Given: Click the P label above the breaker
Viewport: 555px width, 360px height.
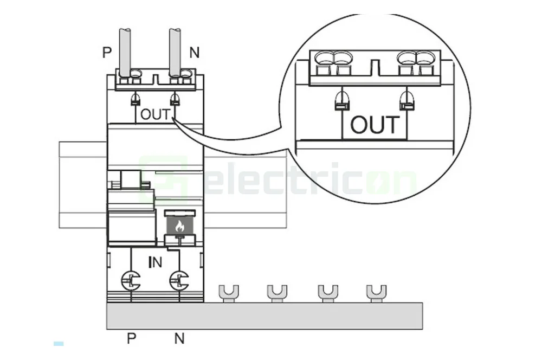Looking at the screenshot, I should pos(107,53).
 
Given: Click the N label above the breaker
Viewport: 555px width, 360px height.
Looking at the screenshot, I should pos(194,53).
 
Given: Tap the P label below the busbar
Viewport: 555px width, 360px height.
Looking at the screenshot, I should pos(131,339).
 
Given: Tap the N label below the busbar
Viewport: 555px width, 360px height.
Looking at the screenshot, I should pos(179,339).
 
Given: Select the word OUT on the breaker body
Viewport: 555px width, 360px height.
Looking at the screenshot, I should pos(155,114).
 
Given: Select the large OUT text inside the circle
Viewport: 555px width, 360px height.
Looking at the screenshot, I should pos(375,125).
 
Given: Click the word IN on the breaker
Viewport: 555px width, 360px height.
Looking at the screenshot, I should pos(155,262).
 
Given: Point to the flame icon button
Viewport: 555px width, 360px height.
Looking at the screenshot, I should pos(179,226).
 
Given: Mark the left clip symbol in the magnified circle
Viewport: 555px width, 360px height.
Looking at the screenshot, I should pos(341,100).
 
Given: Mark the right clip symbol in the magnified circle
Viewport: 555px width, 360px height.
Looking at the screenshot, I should pos(406,100).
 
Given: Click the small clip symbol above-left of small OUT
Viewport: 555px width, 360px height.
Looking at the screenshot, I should pos(135,99).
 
